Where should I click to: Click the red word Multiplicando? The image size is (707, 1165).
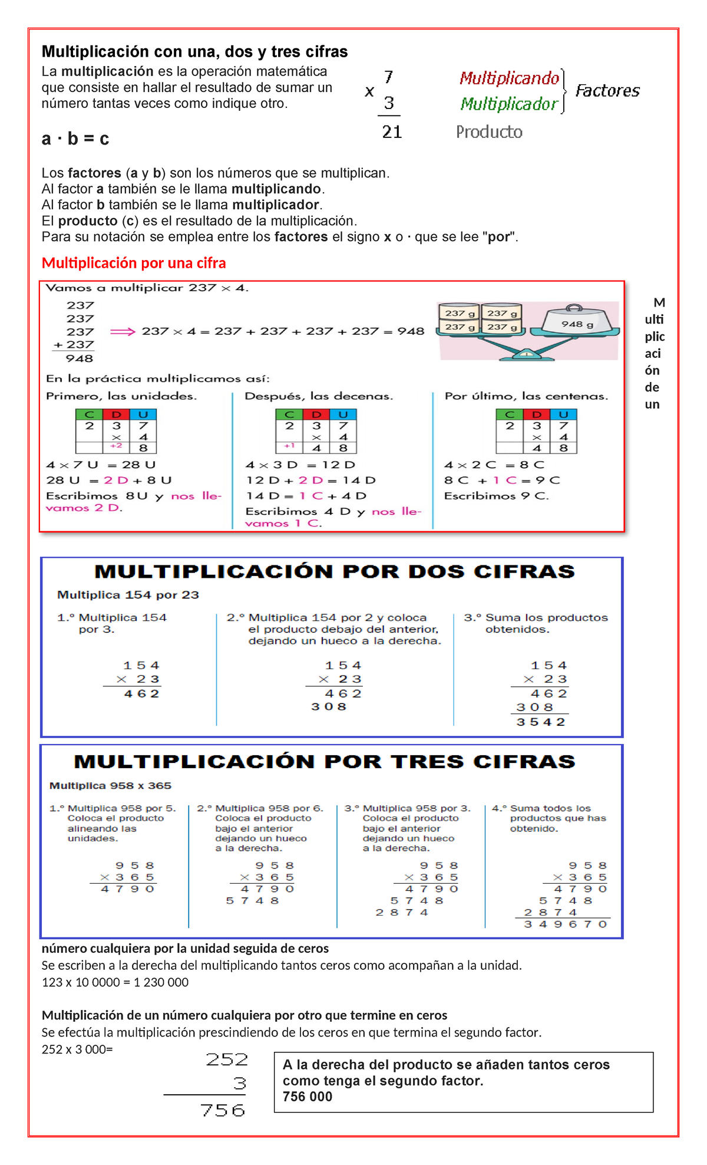click(x=509, y=78)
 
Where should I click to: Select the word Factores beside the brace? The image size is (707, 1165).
click(x=607, y=91)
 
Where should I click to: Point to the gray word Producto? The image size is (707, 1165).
click(x=489, y=131)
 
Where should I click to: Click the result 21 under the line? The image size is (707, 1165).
click(x=392, y=131)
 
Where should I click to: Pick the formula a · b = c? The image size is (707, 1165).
click(x=75, y=139)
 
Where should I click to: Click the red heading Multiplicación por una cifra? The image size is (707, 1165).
click(x=134, y=263)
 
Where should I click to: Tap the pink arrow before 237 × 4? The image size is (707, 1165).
click(x=123, y=331)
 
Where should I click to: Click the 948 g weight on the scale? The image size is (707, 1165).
click(x=577, y=324)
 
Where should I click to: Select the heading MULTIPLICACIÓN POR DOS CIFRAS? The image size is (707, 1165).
click(x=334, y=571)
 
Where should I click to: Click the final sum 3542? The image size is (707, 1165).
click(x=541, y=722)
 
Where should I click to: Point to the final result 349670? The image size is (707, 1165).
click(x=565, y=924)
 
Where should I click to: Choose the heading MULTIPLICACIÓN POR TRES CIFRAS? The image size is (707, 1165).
click(x=325, y=762)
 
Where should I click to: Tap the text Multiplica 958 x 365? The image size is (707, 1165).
click(x=110, y=785)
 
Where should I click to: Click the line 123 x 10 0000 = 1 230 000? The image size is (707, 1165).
click(x=115, y=982)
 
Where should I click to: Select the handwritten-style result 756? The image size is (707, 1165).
click(x=223, y=1111)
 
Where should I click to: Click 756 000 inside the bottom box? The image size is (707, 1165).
click(x=308, y=1097)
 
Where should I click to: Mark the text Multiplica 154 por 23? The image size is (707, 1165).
click(x=128, y=595)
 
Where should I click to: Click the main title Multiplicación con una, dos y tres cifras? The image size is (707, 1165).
click(x=194, y=52)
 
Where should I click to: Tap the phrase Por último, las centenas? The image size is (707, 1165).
click(x=526, y=396)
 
